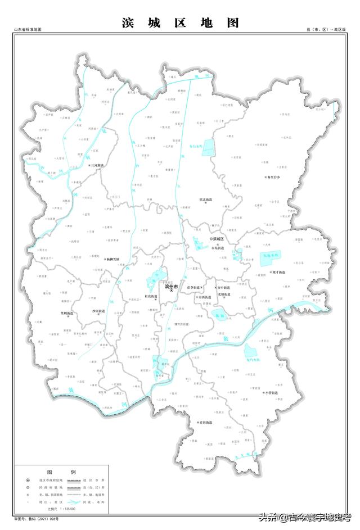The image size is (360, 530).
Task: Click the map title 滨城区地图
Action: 180,22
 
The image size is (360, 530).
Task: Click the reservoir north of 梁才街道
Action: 272,257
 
